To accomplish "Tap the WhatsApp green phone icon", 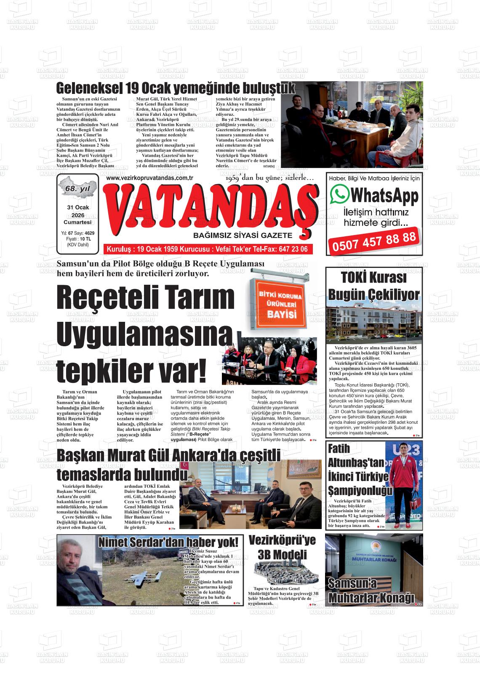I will [x=340, y=195].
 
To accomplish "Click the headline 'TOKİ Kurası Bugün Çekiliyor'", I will [x=374, y=286].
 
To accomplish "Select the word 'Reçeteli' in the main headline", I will [x=109, y=297].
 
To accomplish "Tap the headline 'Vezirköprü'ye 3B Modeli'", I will [x=282, y=547].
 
